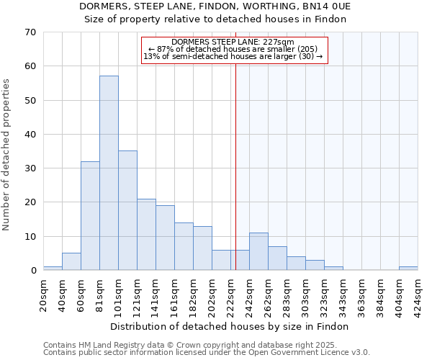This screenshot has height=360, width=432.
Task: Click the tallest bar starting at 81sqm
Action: coord(109,173)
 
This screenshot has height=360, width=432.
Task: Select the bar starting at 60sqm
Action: coord(90,216)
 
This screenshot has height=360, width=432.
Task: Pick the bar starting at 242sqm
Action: coord(258,251)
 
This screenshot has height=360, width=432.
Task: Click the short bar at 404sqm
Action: coord(408,269)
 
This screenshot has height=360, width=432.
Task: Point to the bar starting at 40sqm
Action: coord(71,262)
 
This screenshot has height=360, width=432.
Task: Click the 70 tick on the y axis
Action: coord(30,32)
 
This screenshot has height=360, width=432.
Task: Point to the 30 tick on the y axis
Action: coord(30,168)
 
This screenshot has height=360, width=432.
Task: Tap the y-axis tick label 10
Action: coord(30,237)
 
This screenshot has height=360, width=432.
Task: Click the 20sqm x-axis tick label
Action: coord(43,295)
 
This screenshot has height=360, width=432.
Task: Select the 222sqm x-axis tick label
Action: coord(230,295)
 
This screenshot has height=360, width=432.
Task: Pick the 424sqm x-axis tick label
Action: coord(418,295)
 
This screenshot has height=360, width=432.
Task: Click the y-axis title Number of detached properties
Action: coord(6,155)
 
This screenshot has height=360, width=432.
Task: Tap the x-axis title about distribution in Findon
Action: coord(230,327)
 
